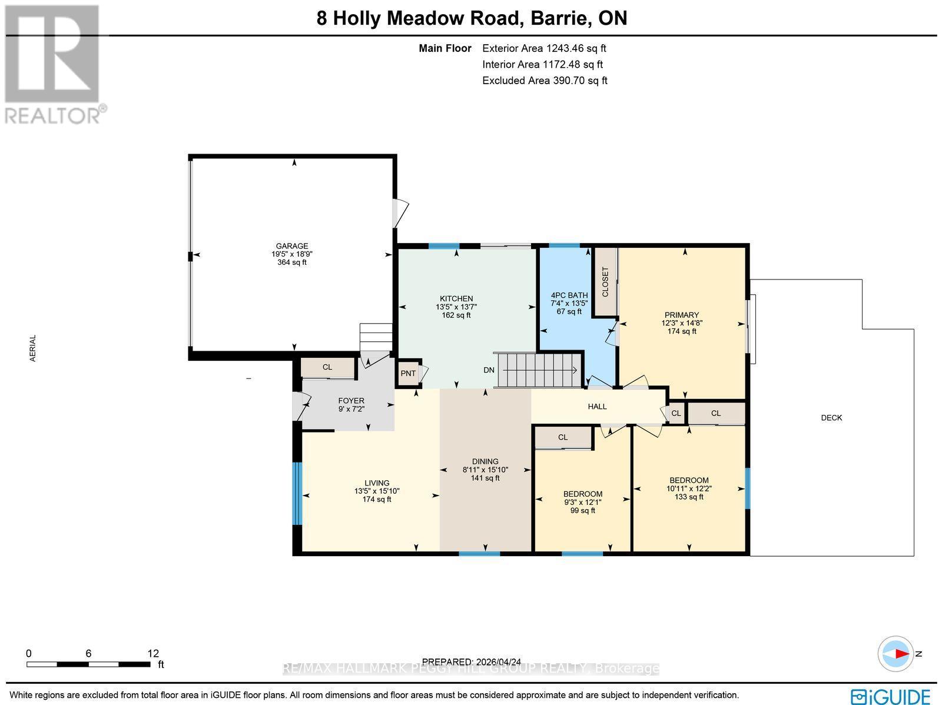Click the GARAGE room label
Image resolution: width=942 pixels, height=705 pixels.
[292, 247]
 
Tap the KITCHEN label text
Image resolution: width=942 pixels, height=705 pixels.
[456, 299]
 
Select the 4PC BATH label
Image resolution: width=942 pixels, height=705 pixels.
[569, 295]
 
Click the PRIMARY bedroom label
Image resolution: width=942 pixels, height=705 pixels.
[681, 315]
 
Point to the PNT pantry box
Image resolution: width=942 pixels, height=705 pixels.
[409, 374]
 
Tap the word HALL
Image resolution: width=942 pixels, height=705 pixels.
[597, 407]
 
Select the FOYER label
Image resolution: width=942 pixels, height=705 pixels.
[351, 401]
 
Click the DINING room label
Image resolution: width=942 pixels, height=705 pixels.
[485, 462]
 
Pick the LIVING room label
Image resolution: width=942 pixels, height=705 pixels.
[377, 483]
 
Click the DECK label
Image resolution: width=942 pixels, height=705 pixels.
[831, 418]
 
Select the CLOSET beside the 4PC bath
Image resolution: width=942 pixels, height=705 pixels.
[605, 282]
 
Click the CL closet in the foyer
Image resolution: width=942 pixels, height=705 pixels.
[327, 367]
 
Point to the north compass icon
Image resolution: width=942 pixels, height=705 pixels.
[895, 654]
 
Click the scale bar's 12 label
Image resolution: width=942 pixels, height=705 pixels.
[153, 653]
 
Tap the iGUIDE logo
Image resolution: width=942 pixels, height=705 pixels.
[890, 696]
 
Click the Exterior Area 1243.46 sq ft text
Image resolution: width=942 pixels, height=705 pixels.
[544, 49]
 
